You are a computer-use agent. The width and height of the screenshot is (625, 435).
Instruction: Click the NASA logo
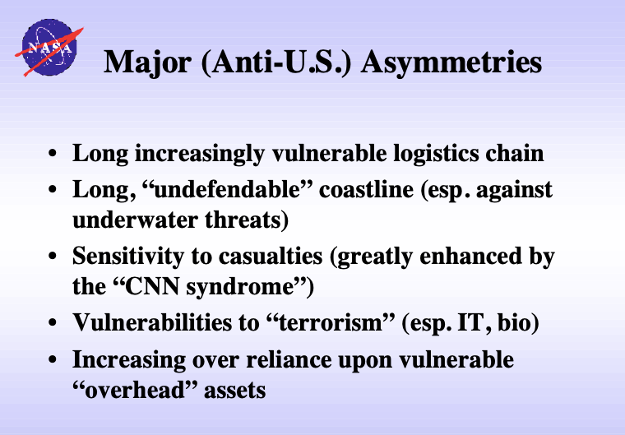[49, 48]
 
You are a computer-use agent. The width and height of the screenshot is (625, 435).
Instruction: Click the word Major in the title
[147, 62]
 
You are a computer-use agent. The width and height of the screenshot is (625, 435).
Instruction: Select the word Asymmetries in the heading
[451, 62]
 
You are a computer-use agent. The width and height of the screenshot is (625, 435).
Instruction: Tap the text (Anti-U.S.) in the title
[276, 62]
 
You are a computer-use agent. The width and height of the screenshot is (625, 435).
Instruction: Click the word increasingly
[200, 154]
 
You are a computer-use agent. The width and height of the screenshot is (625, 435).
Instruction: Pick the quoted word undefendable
[227, 189]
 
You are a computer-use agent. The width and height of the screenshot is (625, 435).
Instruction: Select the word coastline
[366, 189]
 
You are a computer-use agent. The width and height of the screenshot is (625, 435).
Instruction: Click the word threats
[247, 220]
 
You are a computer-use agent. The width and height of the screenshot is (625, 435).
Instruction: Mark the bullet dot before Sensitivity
[52, 256]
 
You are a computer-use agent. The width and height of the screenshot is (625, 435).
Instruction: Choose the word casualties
[271, 256]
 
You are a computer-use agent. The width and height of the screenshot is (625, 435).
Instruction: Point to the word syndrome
[240, 287]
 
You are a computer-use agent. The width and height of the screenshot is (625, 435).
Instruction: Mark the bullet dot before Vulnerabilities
[52, 322]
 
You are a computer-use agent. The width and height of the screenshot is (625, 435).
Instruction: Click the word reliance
[289, 359]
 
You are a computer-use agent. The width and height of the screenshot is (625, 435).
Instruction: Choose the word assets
[234, 390]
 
